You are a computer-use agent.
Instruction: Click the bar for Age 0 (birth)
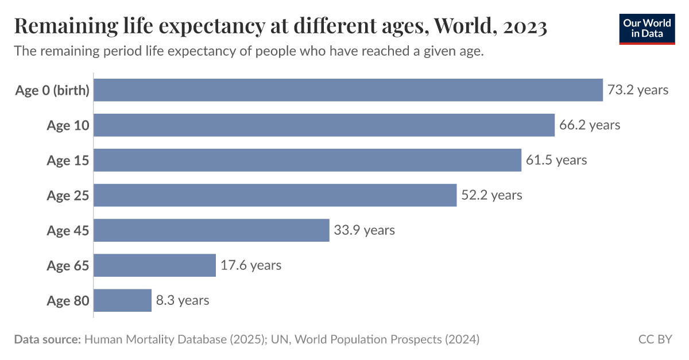(x=348, y=90)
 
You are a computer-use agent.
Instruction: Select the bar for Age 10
(x=324, y=125)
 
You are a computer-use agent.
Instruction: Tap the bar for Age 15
(x=307, y=160)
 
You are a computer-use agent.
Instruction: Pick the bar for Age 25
(x=275, y=195)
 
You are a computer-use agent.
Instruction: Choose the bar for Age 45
(x=211, y=230)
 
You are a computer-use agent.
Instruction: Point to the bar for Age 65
(x=154, y=265)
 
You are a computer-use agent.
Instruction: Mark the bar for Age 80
(x=122, y=300)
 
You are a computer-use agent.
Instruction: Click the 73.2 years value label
(x=638, y=90)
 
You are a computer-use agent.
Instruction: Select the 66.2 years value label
(x=590, y=125)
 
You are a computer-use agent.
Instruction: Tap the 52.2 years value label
(x=491, y=195)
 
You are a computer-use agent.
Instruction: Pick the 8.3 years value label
(x=183, y=300)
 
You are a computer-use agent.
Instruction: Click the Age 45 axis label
(x=68, y=231)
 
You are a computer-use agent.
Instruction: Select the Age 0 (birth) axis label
(x=52, y=91)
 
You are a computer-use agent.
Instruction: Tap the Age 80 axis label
(x=68, y=301)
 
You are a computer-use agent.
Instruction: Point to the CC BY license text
(x=655, y=339)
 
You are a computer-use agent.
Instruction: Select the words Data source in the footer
(x=47, y=339)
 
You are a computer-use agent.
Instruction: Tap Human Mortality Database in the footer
(x=155, y=339)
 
